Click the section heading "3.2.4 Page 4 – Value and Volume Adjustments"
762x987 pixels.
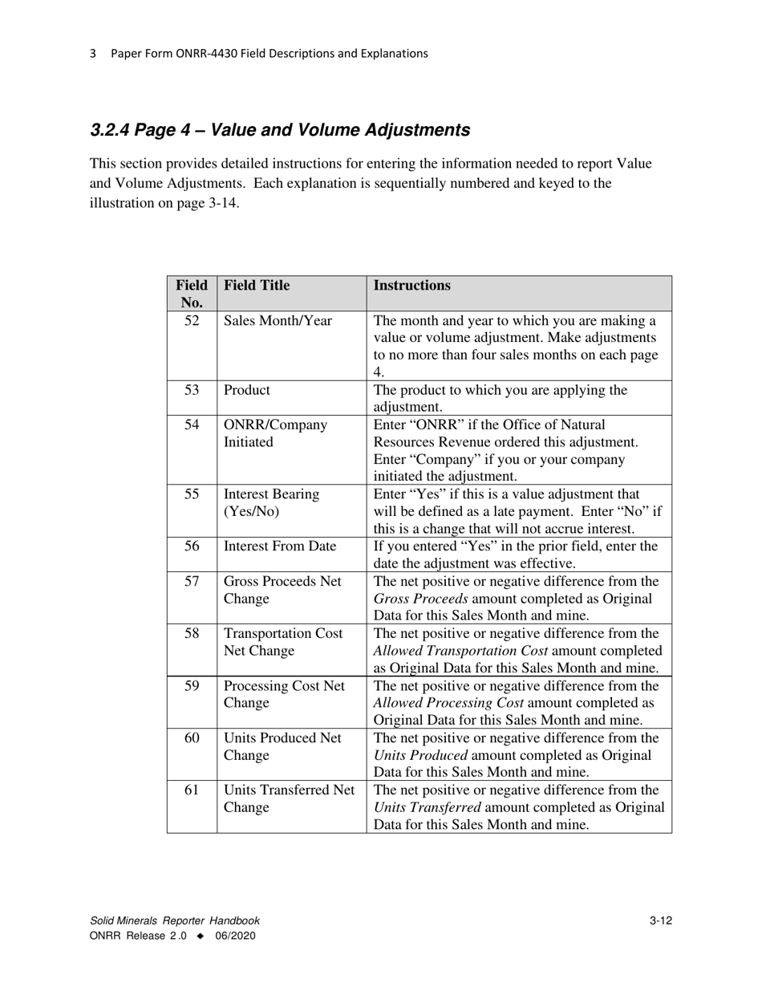tap(280, 130)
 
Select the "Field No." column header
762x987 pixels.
tap(192, 294)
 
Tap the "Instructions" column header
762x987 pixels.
tap(412, 286)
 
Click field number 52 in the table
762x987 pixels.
tap(192, 321)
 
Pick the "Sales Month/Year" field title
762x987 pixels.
tap(278, 321)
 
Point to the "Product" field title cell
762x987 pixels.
tap(247, 390)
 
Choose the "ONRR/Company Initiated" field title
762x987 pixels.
tap(275, 433)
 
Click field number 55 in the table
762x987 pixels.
tap(192, 494)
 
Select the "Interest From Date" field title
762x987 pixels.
tap(280, 546)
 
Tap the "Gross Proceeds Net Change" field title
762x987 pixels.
tap(282, 590)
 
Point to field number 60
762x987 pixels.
tap(192, 738)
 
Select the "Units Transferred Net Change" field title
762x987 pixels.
tap(289, 798)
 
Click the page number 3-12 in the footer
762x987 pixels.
tap(661, 921)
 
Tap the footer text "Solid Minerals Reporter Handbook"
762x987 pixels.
tap(175, 921)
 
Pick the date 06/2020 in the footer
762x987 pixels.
tap(235, 936)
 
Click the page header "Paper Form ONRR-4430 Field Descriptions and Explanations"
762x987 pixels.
tap(269, 54)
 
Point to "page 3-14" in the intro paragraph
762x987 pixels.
tap(212, 203)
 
